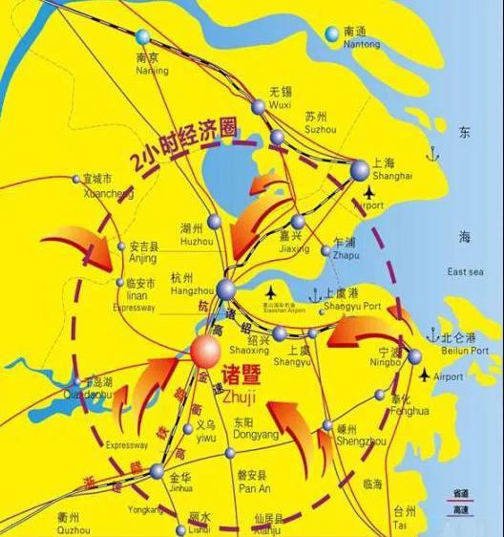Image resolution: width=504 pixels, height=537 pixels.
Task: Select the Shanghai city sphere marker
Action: click(x=359, y=169)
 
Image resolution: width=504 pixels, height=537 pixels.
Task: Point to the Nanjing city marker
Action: click(x=143, y=36)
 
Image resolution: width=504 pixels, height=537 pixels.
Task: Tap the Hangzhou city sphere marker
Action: click(x=225, y=289)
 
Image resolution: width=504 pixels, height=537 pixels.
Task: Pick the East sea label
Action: click(x=465, y=272)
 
